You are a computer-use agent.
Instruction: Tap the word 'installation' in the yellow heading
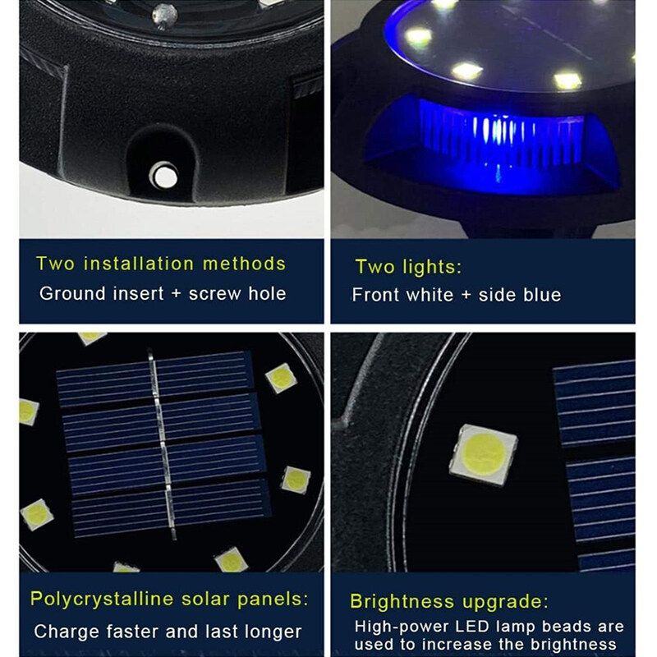click(x=138, y=264)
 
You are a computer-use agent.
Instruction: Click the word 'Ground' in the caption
click(x=72, y=293)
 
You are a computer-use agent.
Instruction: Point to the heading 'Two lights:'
click(x=408, y=266)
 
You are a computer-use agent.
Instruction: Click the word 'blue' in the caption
click(x=542, y=295)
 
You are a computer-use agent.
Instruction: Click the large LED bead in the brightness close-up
click(x=483, y=455)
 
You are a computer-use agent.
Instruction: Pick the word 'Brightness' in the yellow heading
click(x=402, y=601)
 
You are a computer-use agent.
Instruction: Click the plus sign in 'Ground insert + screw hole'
click(x=177, y=294)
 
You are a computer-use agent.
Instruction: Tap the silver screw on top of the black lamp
click(x=164, y=16)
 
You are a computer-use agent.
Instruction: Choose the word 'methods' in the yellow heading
click(x=244, y=264)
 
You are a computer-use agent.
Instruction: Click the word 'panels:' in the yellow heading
click(x=273, y=600)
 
